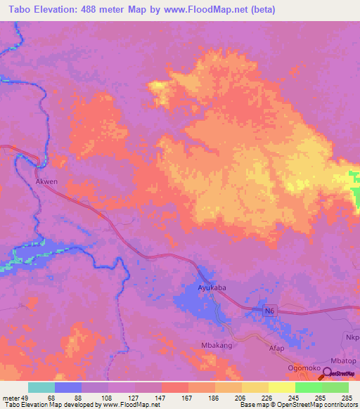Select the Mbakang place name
click(x=216, y=346)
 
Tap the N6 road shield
click(x=270, y=311)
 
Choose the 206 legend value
click(x=238, y=398)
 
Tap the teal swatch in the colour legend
click(x=41, y=387)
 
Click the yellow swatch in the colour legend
click(x=281, y=387)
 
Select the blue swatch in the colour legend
click(x=67, y=387)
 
